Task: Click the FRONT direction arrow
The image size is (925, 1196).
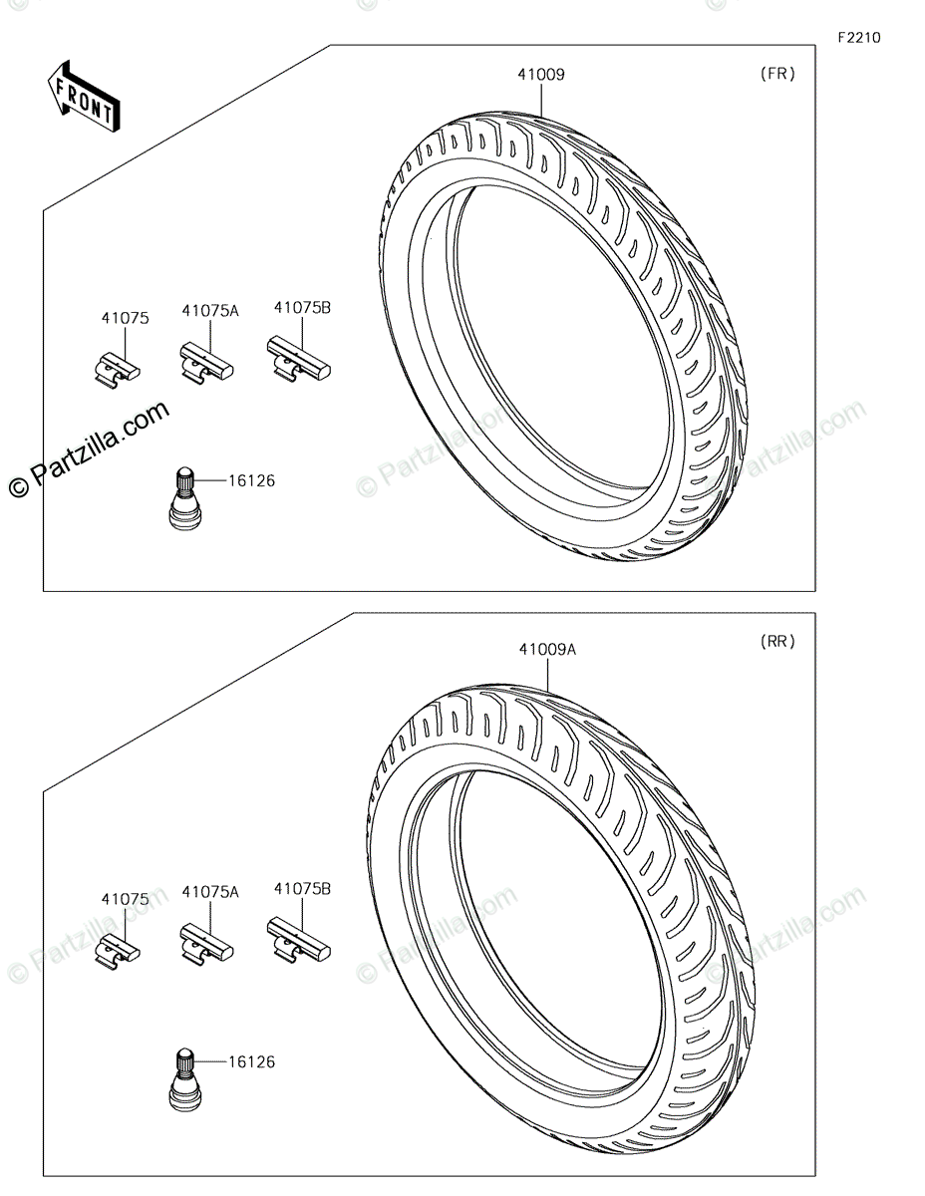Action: [84, 97]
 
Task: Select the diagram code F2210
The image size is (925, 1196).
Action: [859, 38]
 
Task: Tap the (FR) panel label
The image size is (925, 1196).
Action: [777, 74]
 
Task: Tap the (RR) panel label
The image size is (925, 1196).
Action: [777, 641]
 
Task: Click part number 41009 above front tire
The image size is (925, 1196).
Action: [541, 75]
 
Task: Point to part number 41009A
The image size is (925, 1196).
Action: [547, 650]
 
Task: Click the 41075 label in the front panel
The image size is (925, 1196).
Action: [125, 318]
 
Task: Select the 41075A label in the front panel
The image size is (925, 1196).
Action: [210, 311]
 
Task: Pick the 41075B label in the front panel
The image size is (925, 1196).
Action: [302, 308]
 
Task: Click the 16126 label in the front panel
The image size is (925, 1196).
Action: [251, 481]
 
